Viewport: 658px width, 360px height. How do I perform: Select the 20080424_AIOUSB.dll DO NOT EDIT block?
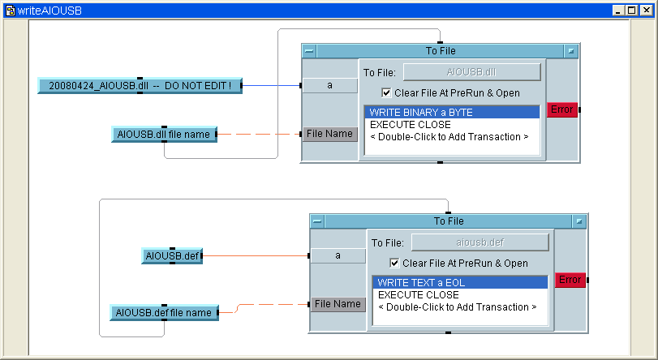[x=140, y=85]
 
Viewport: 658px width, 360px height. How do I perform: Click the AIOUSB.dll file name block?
[x=164, y=134]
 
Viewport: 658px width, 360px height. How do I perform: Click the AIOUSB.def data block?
[x=171, y=255]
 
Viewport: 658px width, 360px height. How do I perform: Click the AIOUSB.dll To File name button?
[x=471, y=72]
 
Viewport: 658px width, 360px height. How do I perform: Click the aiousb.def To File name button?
[x=480, y=242]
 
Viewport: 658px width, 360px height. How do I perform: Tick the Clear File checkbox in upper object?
[x=386, y=92]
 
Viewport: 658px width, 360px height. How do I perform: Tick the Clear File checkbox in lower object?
[x=394, y=263]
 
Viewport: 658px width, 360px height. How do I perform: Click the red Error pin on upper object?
[x=561, y=109]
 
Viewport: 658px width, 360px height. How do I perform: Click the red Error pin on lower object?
[x=570, y=280]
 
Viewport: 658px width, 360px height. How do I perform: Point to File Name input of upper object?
[x=330, y=134]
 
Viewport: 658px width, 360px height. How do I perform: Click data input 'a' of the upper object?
[x=329, y=85]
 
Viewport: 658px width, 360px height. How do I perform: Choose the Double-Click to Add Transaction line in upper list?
[x=449, y=137]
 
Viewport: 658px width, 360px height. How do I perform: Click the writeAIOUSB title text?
[x=49, y=11]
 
